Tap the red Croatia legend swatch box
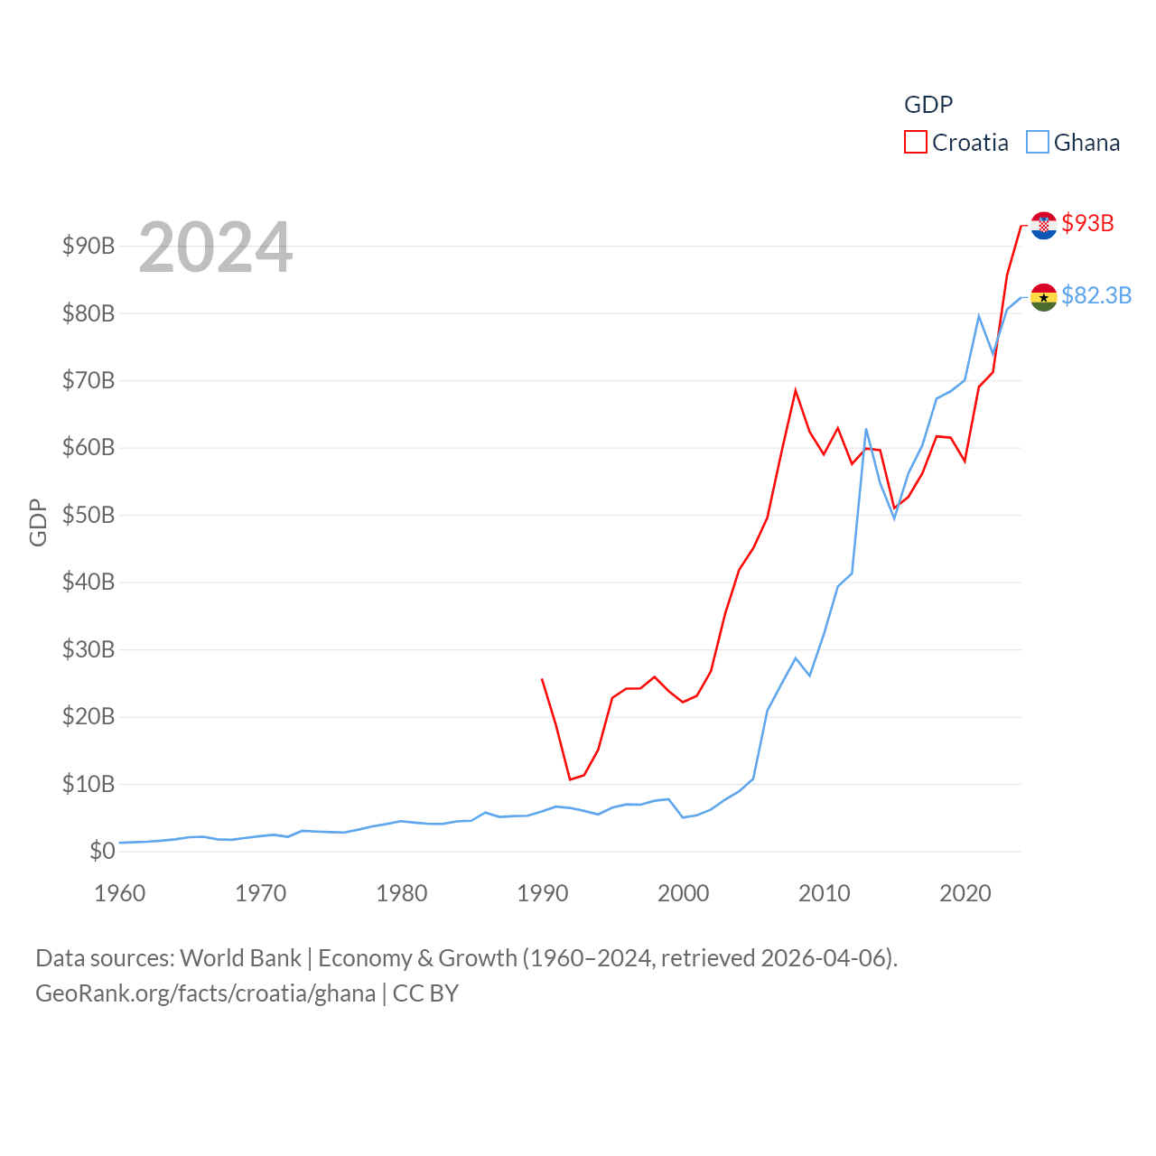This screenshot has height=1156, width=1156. [916, 143]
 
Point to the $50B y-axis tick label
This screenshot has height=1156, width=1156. [89, 515]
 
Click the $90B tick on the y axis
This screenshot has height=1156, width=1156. [89, 246]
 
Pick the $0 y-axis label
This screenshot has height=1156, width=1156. [102, 851]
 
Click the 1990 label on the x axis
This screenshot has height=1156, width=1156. [543, 893]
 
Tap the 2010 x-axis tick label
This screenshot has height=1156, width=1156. [825, 893]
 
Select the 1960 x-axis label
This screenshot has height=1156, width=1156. [120, 893]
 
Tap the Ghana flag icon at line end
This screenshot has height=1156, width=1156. [1044, 297]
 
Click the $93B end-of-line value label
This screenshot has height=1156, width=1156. [1088, 223]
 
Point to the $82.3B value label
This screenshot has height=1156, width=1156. [1096, 295]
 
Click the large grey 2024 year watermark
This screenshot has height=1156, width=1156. [216, 247]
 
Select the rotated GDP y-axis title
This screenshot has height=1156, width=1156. [38, 522]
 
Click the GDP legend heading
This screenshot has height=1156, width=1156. [928, 105]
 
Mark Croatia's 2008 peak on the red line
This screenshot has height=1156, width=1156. [796, 390]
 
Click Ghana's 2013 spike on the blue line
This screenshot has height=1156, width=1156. [866, 429]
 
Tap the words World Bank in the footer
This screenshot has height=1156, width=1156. [240, 958]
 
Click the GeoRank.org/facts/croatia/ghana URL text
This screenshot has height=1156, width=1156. [206, 993]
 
